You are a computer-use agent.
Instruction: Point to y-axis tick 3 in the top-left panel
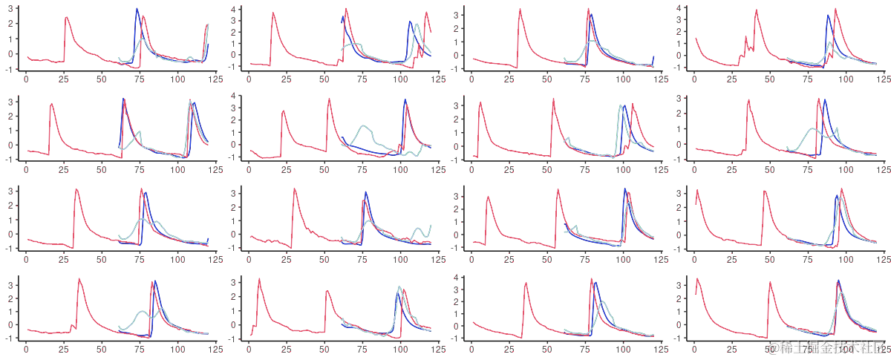pyautogui.click(x=9, y=8)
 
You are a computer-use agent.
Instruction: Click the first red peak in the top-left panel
pyautogui.click(x=66, y=17)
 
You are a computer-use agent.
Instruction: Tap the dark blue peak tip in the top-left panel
pyautogui.click(x=137, y=9)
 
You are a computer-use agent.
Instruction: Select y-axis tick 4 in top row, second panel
pyautogui.click(x=232, y=9)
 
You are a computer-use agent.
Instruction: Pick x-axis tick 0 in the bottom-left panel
pyautogui.click(x=26, y=348)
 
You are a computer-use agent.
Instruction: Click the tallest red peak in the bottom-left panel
pyautogui.click(x=79, y=279)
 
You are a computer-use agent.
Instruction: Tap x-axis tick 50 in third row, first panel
pyautogui.click(x=102, y=259)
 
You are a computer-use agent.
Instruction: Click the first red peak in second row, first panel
pyautogui.click(x=51, y=104)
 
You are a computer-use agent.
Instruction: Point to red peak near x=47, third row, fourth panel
pyautogui.click(x=765, y=192)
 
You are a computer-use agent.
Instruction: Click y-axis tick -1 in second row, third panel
pyautogui.click(x=454, y=157)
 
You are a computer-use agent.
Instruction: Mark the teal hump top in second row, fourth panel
pyautogui.click(x=812, y=129)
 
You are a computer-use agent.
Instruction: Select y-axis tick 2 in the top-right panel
pyautogui.click(x=677, y=24)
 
